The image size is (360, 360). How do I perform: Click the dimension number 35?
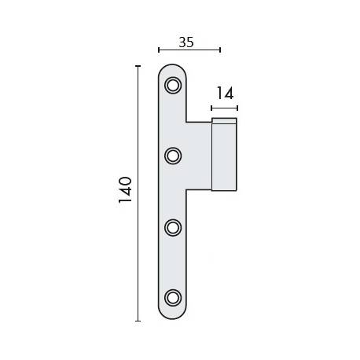(186, 42)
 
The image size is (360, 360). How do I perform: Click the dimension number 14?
(224, 94)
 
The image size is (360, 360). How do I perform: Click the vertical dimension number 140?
(125, 192)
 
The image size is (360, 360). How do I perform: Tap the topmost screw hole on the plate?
(173, 83)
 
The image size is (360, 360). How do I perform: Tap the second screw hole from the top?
(173, 156)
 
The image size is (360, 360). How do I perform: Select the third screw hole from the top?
(173, 226)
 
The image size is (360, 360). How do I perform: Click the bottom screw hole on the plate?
(173, 297)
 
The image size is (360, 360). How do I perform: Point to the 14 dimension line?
(224, 105)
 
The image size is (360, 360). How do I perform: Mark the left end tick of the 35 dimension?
(159, 51)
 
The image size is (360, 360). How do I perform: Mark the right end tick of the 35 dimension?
(221, 51)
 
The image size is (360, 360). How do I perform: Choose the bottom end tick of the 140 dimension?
(138, 321)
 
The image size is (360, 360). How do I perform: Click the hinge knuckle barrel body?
(224, 157)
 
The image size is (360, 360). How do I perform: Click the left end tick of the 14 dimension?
(211, 105)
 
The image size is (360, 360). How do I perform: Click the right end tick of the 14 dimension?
(237, 105)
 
